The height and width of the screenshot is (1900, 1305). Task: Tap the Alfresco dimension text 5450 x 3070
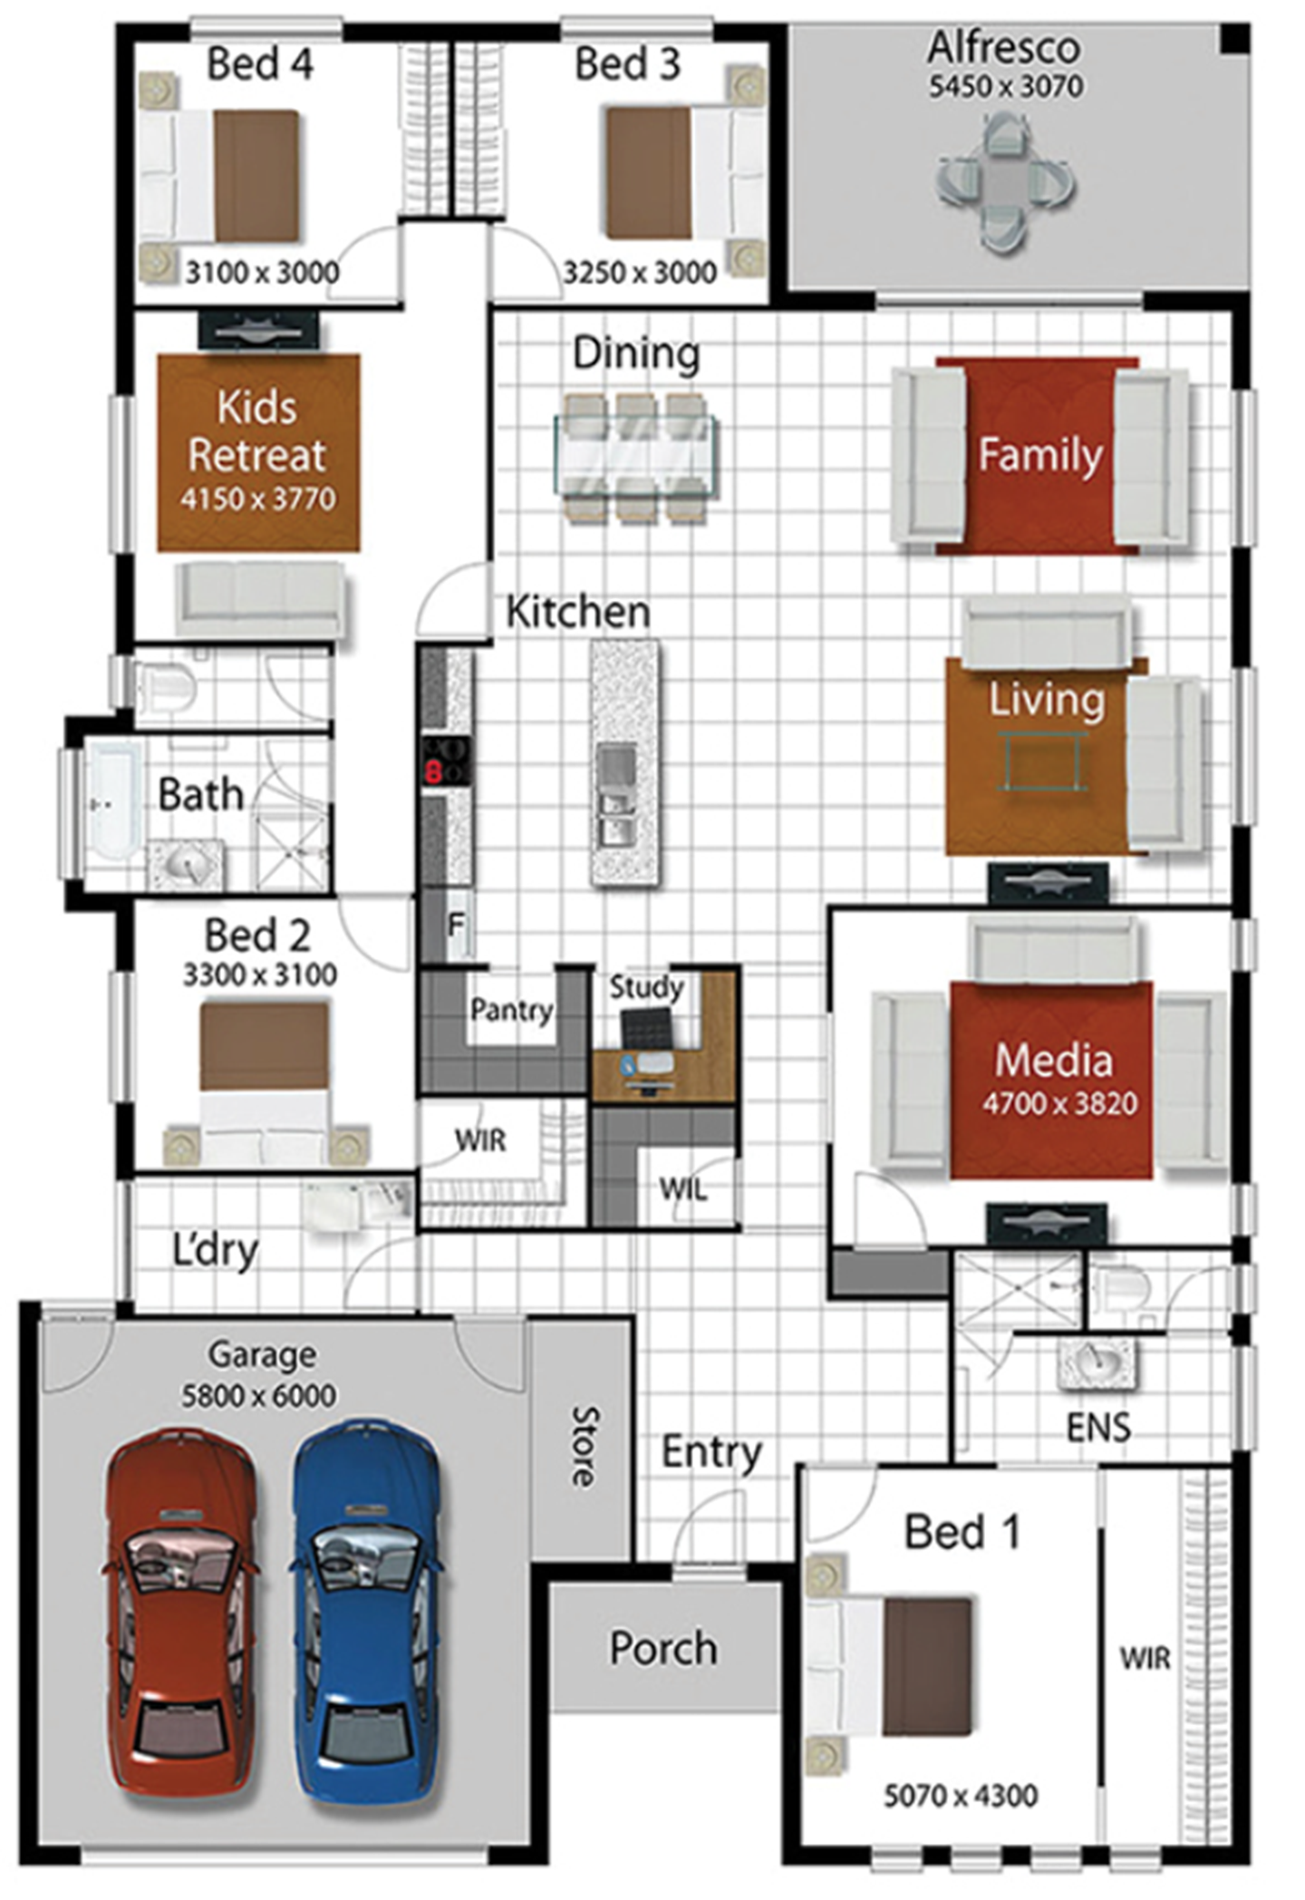click(1006, 86)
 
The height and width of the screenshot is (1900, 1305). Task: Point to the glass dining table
click(635, 458)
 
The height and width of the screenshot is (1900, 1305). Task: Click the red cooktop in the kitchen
click(447, 761)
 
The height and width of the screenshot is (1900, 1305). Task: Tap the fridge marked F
click(457, 926)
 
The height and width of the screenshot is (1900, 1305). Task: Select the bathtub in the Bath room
click(112, 802)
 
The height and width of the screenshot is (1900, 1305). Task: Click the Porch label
click(663, 1647)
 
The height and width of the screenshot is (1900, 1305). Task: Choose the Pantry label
click(512, 1010)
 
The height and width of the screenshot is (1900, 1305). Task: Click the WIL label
click(683, 1188)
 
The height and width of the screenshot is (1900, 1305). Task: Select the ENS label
click(1098, 1428)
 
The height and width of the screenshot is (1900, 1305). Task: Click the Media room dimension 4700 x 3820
click(1060, 1103)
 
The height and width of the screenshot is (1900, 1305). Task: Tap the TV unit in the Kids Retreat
click(258, 331)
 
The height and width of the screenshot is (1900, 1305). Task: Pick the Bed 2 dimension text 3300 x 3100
click(260, 974)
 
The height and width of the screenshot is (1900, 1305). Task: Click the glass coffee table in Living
click(1042, 762)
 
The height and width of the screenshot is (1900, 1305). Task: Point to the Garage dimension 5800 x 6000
click(259, 1395)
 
